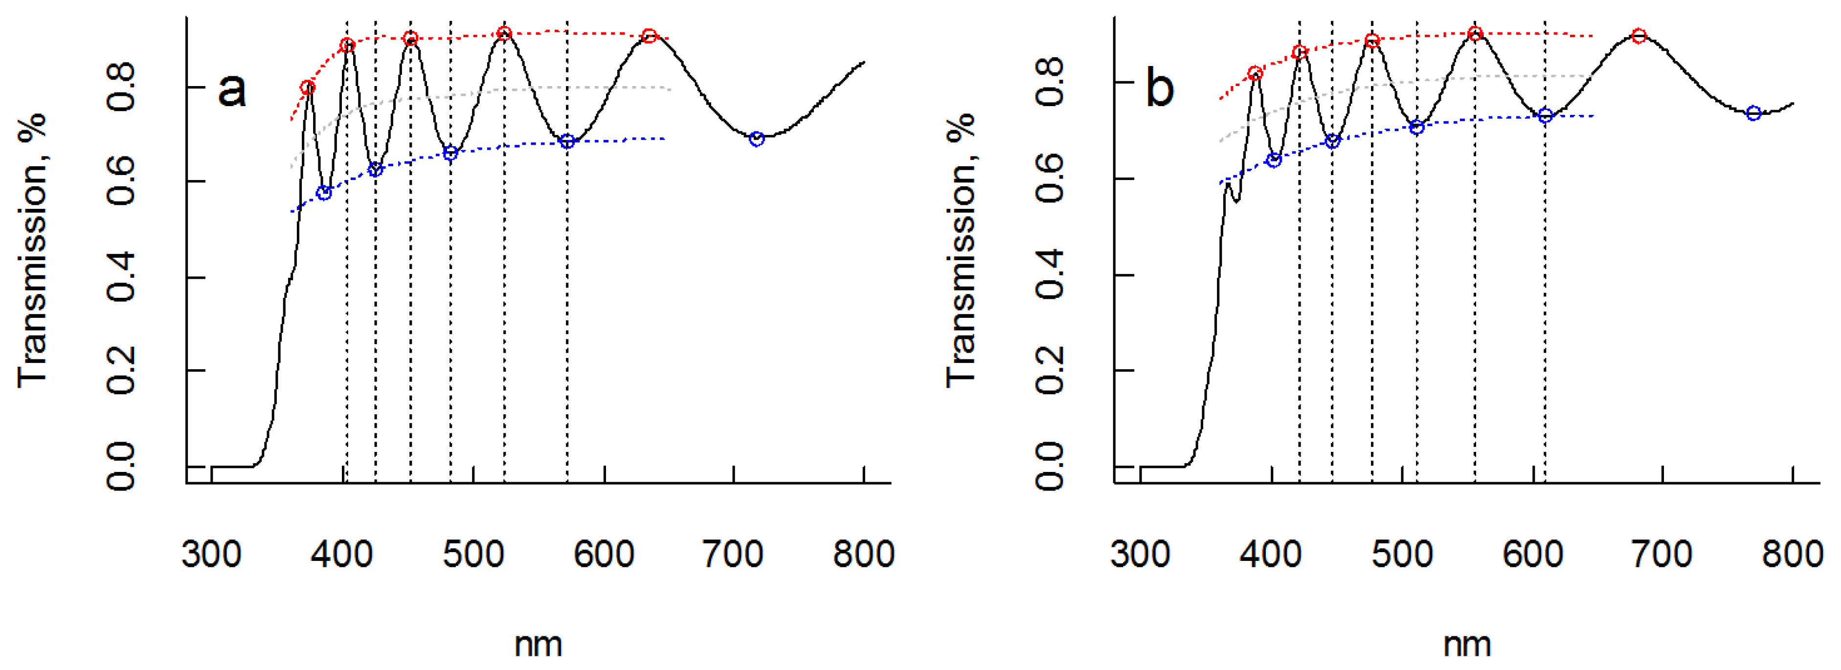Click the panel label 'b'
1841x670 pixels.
pos(1159,89)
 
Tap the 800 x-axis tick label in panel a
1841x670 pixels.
pos(863,554)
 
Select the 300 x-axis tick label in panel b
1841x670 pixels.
pos(1140,554)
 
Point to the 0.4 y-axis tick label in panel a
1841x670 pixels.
pos(121,277)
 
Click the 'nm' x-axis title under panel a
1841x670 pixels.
pos(538,644)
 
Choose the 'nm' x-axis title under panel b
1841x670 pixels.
pos(1466,644)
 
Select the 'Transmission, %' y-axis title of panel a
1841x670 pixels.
pos(32,250)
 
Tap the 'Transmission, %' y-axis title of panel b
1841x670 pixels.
pos(961,250)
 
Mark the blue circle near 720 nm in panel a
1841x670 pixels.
pos(757,138)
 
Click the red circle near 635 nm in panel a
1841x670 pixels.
pos(648,36)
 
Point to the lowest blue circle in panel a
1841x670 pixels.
pos(324,193)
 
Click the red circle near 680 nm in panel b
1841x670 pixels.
pos(1639,36)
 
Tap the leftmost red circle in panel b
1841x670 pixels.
pos(1255,73)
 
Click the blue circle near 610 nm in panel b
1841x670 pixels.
pos(1545,116)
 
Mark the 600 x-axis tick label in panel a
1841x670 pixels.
pos(604,554)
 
